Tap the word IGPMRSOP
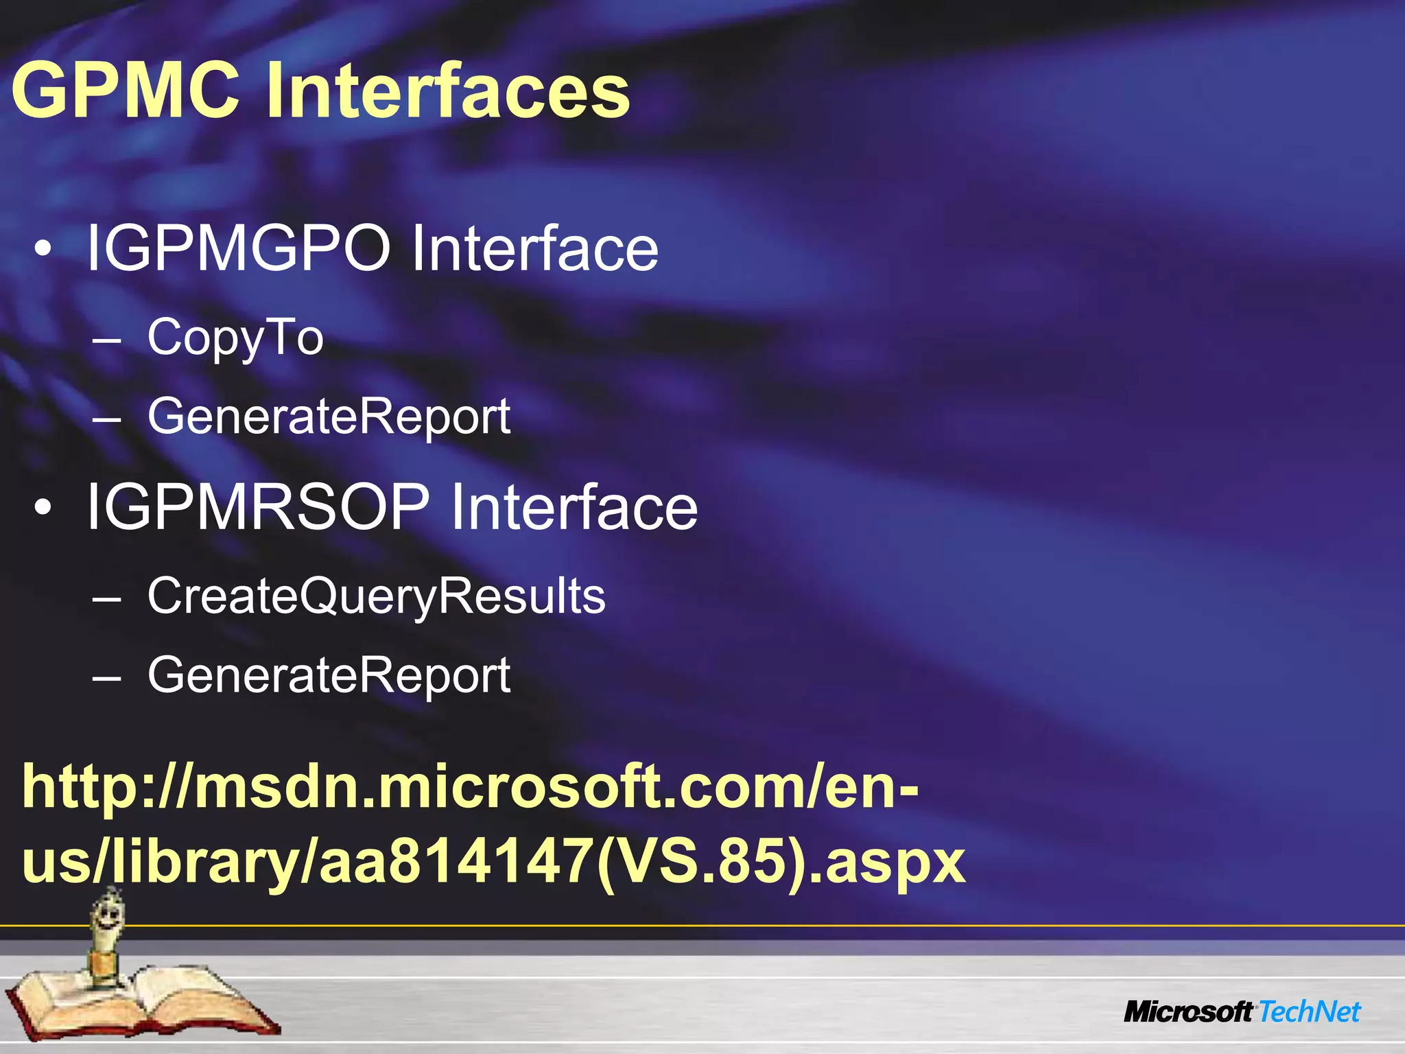[x=257, y=507]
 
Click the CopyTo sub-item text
[x=235, y=338]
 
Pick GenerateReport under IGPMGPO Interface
[x=329, y=417]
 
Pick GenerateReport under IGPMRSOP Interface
[x=329, y=675]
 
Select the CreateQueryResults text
[x=376, y=596]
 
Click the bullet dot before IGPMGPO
[x=43, y=250]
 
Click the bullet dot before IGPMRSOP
[x=43, y=508]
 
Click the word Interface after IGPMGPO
[x=534, y=248]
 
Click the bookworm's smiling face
[x=109, y=914]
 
